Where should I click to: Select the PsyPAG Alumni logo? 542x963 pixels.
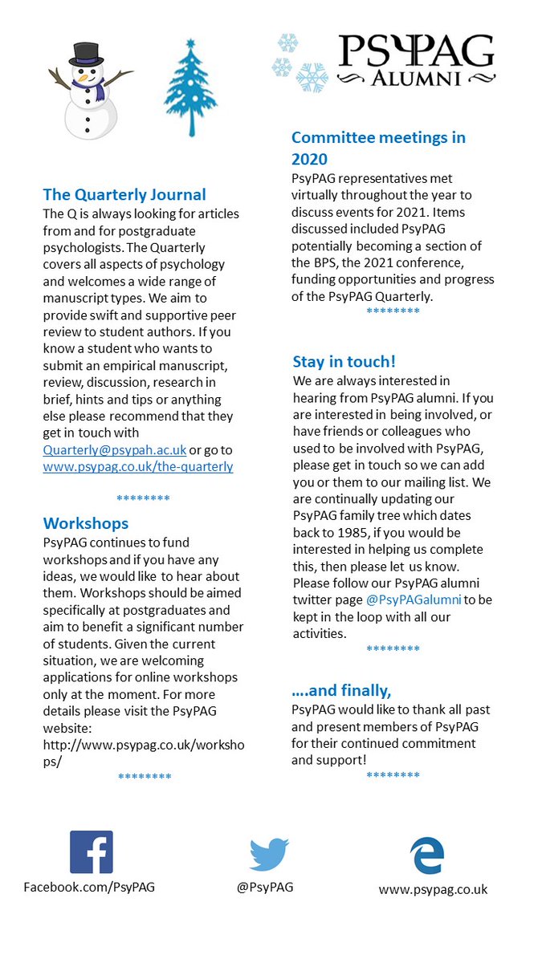click(415, 59)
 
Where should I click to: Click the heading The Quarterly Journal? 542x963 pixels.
click(124, 194)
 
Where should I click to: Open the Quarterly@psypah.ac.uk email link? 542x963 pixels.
click(115, 450)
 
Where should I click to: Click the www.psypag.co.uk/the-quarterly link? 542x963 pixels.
click(138, 466)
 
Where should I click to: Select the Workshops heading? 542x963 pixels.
click(86, 523)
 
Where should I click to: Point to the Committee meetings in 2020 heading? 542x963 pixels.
click(378, 148)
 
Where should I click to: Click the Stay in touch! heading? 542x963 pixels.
click(344, 361)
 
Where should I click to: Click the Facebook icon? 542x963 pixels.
click(91, 852)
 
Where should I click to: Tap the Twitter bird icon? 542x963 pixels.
click(269, 855)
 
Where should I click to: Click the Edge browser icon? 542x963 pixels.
click(426, 855)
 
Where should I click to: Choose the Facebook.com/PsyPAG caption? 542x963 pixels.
click(89, 887)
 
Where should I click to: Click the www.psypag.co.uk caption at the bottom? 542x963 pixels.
click(433, 889)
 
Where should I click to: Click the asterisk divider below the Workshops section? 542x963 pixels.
click(145, 777)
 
